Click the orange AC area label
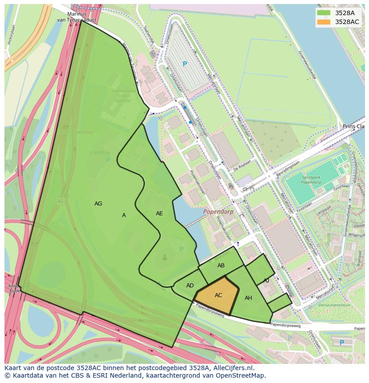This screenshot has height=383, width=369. click(x=218, y=295)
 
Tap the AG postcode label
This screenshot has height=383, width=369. click(x=98, y=204)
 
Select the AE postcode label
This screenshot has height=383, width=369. click(x=159, y=214)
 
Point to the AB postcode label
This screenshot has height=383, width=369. click(x=221, y=266)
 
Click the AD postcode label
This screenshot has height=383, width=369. click(x=190, y=286)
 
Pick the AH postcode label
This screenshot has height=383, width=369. click(x=248, y=298)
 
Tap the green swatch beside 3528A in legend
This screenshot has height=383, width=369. click(x=324, y=13)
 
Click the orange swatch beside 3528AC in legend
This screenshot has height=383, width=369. click(x=324, y=22)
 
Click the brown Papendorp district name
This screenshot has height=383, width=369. click(x=218, y=212)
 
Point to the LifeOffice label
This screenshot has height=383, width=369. click(x=99, y=153)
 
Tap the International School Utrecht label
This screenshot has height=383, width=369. click(x=121, y=96)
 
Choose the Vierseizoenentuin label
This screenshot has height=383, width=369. click(x=334, y=305)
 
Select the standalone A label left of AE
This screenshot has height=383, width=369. click(x=124, y=215)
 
